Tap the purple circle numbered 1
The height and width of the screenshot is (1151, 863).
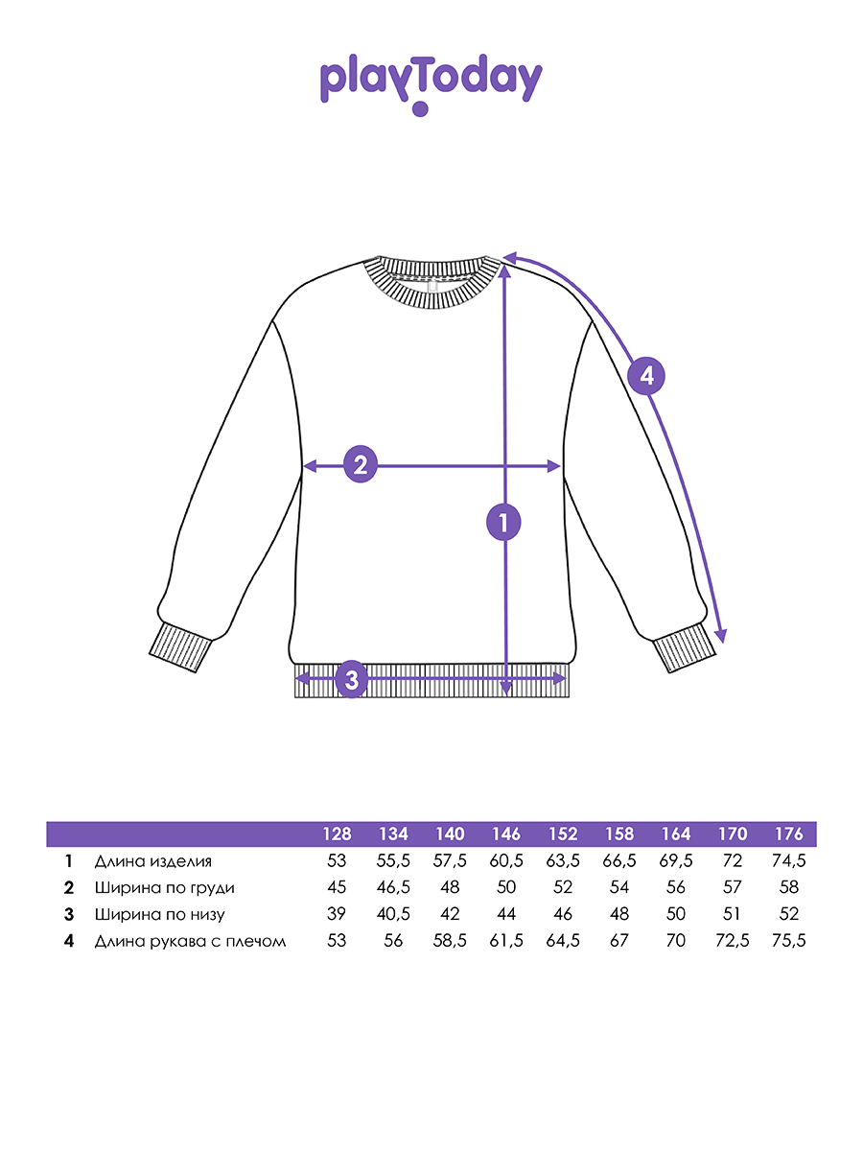click(x=502, y=523)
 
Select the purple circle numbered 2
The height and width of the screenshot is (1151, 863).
click(x=361, y=465)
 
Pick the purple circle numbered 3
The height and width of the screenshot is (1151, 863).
click(x=351, y=680)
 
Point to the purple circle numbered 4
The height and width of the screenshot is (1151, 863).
click(x=647, y=376)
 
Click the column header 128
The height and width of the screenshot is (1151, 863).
click(x=337, y=834)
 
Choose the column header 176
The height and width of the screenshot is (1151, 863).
click(x=788, y=834)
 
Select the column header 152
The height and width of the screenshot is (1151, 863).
click(x=563, y=834)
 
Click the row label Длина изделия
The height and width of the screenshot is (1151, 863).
click(x=152, y=861)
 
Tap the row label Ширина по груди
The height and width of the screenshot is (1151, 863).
click(x=164, y=888)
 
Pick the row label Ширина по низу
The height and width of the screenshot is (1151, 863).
click(x=160, y=914)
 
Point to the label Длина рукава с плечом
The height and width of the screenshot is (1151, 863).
click(x=190, y=941)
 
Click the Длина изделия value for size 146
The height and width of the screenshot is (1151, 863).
click(x=506, y=861)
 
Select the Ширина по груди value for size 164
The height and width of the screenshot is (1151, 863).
click(x=676, y=888)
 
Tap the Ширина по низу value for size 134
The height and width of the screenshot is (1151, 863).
click(x=393, y=914)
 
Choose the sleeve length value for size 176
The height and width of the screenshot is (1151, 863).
click(x=788, y=941)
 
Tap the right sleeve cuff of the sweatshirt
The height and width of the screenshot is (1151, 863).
click(x=684, y=649)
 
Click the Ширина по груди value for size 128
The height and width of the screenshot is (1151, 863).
click(x=337, y=888)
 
